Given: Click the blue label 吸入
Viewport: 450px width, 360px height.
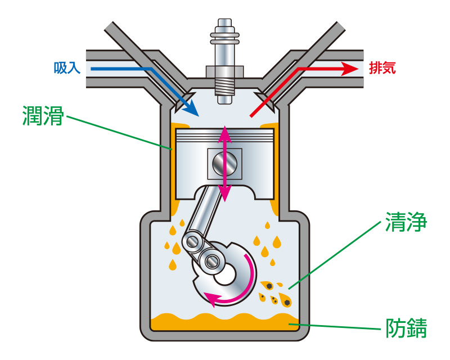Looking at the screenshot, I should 67,67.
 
